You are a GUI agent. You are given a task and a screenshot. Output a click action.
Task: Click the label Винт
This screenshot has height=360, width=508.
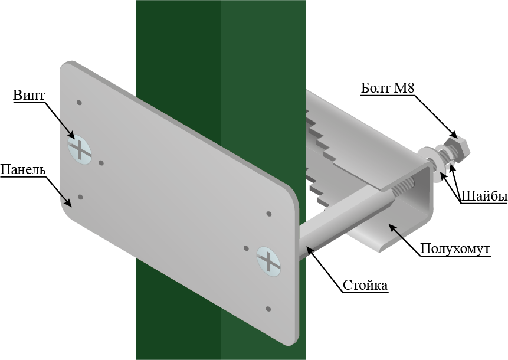(29, 95)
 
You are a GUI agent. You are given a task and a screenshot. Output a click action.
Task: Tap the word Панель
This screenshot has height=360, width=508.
(22, 169)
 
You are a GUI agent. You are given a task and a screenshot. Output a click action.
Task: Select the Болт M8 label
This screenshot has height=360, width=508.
(388, 88)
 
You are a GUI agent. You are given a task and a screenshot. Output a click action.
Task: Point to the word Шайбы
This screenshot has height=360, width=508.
(483, 197)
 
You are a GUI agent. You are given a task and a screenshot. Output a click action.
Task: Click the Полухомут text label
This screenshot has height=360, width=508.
(455, 249)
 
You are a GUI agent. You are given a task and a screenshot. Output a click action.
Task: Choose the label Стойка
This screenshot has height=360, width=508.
(365, 286)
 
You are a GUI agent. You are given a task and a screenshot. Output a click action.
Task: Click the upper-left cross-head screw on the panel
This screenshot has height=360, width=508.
(80, 150)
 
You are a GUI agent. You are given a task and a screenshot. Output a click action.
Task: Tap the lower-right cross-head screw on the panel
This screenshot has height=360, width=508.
(268, 261)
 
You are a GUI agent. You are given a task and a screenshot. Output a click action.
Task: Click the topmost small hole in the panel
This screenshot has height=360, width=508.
(79, 103)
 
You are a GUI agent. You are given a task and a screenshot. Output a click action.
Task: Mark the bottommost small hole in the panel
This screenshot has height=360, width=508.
(268, 309)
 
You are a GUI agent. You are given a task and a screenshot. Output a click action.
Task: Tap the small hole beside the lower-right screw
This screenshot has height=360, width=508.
(246, 248)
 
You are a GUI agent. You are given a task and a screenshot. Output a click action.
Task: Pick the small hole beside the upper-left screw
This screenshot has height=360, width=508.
(101, 163)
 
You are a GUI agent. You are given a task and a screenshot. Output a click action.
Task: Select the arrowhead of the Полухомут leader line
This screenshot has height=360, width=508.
(393, 227)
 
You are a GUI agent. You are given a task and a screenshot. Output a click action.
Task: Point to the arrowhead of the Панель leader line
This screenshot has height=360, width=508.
(68, 202)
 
